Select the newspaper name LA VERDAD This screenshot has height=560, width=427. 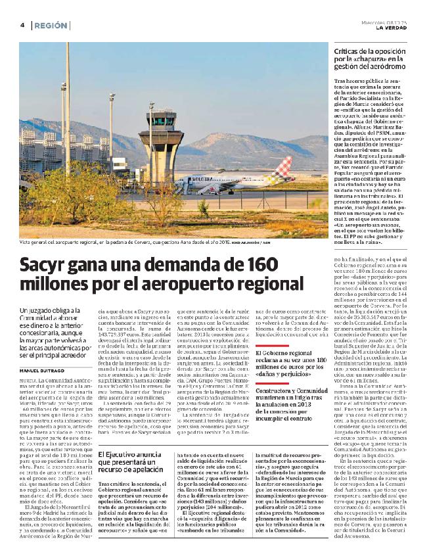[x=392, y=28]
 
